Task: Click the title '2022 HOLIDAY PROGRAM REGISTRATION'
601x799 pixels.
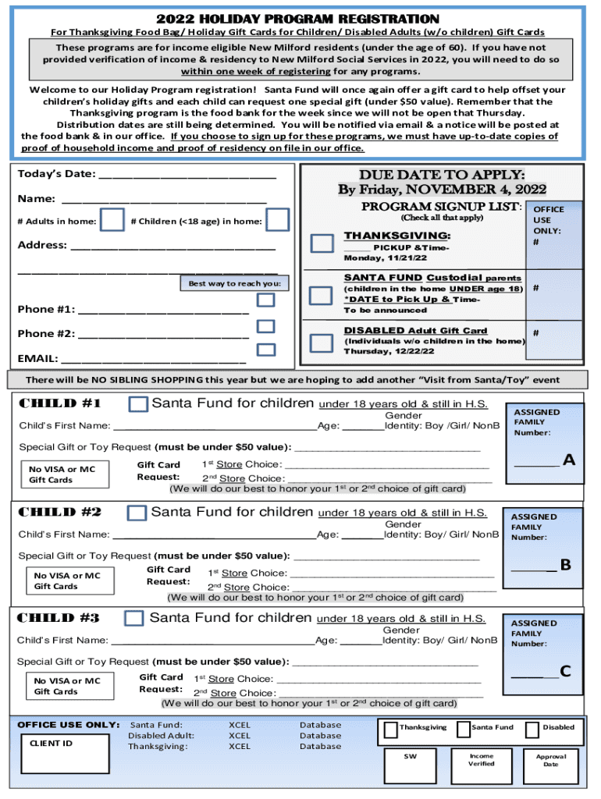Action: point(297,19)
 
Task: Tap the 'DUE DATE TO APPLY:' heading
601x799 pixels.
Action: point(442,174)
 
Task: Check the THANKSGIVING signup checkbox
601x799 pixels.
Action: point(322,243)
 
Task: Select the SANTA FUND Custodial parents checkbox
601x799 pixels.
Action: point(322,296)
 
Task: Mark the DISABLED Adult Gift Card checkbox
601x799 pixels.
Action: point(322,343)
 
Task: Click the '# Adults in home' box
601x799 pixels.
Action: point(113,220)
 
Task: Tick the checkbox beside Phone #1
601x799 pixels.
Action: point(266,300)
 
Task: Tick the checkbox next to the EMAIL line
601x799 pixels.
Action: point(266,350)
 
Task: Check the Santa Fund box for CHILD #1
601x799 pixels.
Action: point(138,403)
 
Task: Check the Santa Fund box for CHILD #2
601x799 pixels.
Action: point(137,513)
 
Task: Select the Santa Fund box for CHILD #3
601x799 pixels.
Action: point(135,618)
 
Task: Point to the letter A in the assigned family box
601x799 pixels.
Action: point(568,460)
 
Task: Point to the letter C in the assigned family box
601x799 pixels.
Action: point(565,671)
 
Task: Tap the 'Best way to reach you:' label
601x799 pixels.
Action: point(234,284)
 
